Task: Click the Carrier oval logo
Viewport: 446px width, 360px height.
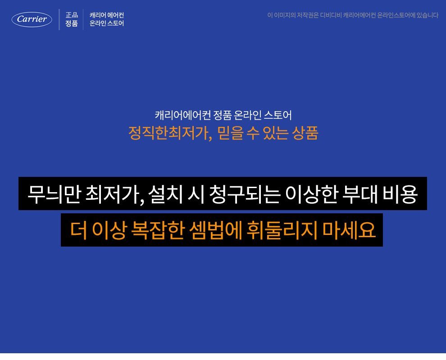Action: pyautogui.click(x=32, y=19)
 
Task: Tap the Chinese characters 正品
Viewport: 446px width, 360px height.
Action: pyautogui.click(x=72, y=15)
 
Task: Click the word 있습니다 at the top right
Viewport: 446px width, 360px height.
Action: pyautogui.click(x=428, y=15)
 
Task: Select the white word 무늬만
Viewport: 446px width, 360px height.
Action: pyautogui.click(x=54, y=194)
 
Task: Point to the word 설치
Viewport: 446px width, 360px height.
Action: pyautogui.click(x=165, y=194)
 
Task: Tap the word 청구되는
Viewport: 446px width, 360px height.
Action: pyautogui.click(x=245, y=194)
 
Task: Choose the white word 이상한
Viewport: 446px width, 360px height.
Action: pyautogui.click(x=311, y=194)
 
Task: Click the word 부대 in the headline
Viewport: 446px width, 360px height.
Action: pyautogui.click(x=360, y=194)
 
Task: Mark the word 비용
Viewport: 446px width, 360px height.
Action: pyautogui.click(x=400, y=194)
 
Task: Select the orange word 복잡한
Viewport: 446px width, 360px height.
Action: pyautogui.click(x=157, y=230)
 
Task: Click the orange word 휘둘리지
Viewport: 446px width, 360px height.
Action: pyautogui.click(x=282, y=230)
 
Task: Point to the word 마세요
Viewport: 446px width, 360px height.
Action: pyautogui.click(x=349, y=230)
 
